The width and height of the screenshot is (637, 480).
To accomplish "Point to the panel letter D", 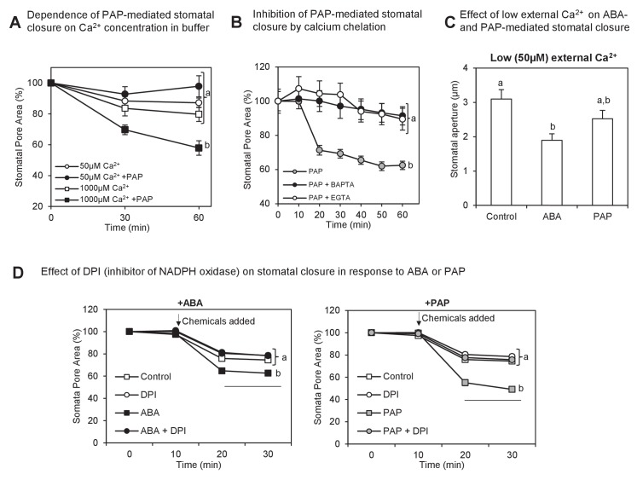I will (x=14, y=274).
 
